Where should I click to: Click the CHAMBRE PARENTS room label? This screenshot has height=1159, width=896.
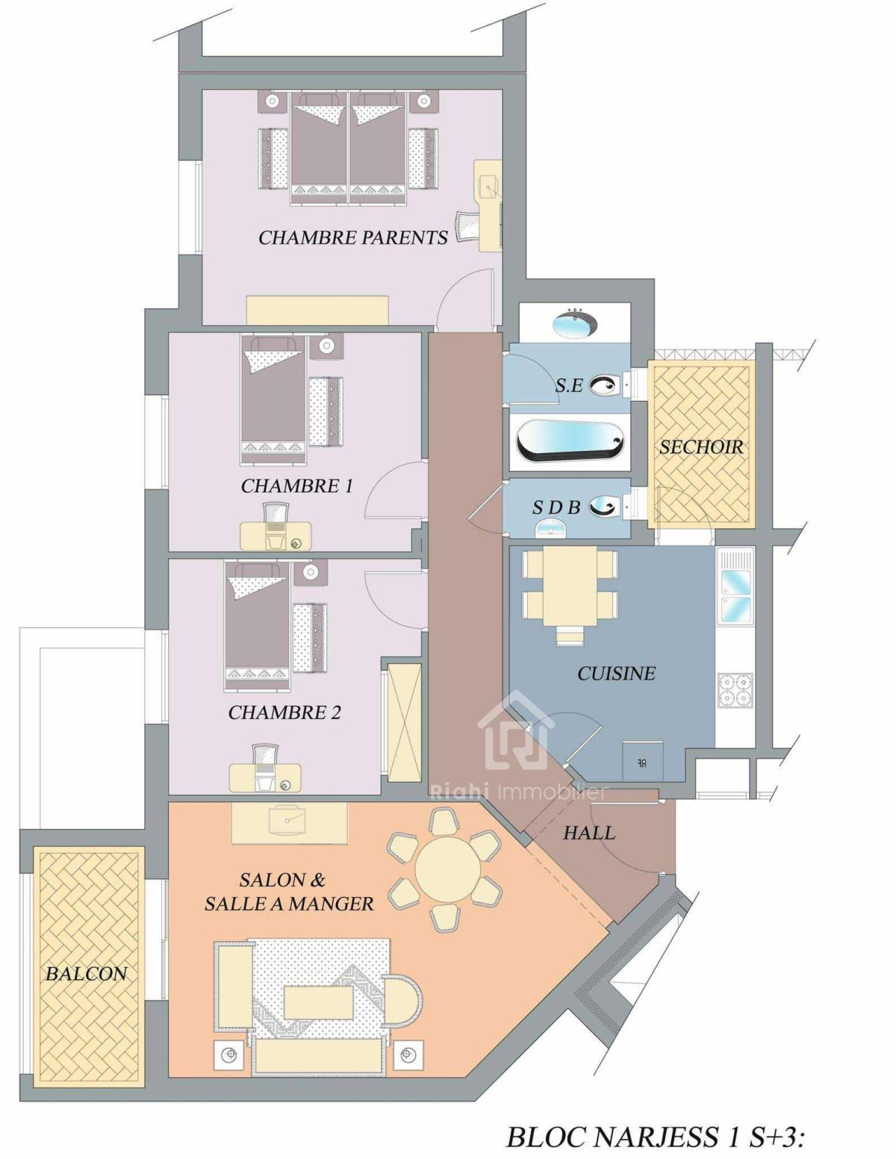click(x=352, y=237)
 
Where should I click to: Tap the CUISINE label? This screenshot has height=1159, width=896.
click(x=616, y=673)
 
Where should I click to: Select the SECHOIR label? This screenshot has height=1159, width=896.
click(x=701, y=447)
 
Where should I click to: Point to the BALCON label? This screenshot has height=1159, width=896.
click(x=87, y=973)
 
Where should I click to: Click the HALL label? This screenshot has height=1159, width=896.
click(x=589, y=833)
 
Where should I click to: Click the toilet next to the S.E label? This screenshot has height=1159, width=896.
click(x=605, y=385)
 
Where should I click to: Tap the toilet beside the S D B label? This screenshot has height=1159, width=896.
click(x=605, y=507)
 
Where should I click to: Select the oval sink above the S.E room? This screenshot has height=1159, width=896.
click(x=574, y=325)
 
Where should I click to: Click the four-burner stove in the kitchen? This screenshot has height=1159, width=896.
click(x=734, y=689)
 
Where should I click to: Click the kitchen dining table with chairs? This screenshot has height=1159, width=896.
click(x=569, y=585)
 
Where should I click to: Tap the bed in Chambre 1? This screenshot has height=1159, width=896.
click(x=273, y=400)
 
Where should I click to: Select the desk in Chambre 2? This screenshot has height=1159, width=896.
click(x=265, y=777)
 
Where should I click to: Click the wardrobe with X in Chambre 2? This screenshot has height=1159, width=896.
click(x=404, y=723)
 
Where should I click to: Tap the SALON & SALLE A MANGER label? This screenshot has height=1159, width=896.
click(x=288, y=892)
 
